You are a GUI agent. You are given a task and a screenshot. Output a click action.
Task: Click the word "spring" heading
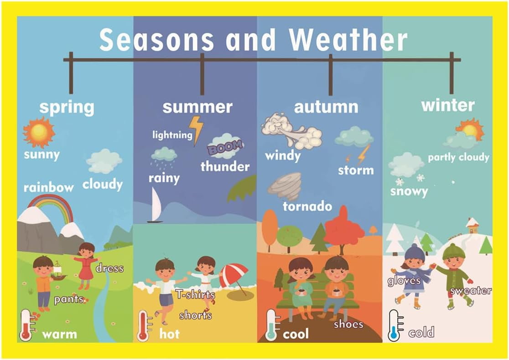click(x=67, y=108)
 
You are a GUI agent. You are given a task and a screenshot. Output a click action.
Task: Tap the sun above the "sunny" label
click(x=39, y=132)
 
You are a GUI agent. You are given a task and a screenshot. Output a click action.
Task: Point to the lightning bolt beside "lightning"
click(x=197, y=129)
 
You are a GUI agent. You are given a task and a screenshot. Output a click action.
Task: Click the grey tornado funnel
click(x=285, y=185)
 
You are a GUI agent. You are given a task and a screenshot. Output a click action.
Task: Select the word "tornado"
click(x=307, y=206)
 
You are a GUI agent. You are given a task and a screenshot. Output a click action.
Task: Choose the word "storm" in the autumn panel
click(x=356, y=170)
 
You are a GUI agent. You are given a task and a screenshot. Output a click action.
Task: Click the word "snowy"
click(x=409, y=191)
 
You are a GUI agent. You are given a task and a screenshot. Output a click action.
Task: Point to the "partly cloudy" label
click(x=458, y=158)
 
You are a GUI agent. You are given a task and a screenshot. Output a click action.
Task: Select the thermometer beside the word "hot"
click(x=144, y=325)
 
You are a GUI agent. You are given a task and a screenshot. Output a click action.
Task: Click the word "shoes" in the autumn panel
click(x=348, y=324)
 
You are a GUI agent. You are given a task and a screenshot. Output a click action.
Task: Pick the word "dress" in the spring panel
click(x=109, y=268)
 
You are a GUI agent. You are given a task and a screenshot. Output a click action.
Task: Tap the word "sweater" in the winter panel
click(x=471, y=290)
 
